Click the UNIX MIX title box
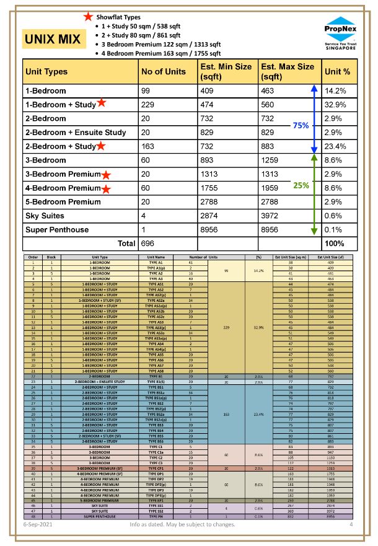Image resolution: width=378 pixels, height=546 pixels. coord(53,40)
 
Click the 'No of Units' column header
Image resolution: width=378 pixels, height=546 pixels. coord(164,72)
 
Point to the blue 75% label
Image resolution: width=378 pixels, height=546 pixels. coord(301,125)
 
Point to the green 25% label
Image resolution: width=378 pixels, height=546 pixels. coord(301,185)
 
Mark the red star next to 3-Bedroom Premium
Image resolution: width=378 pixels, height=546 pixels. coord(107,175)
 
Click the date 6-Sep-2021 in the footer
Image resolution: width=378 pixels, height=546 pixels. coord(38,524)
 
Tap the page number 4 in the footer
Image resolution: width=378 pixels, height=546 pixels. coord(351,524)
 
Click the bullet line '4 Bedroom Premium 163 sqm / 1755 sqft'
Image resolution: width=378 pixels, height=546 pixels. coord(162,53)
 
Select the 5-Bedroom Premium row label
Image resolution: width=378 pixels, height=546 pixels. coord(63,202)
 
